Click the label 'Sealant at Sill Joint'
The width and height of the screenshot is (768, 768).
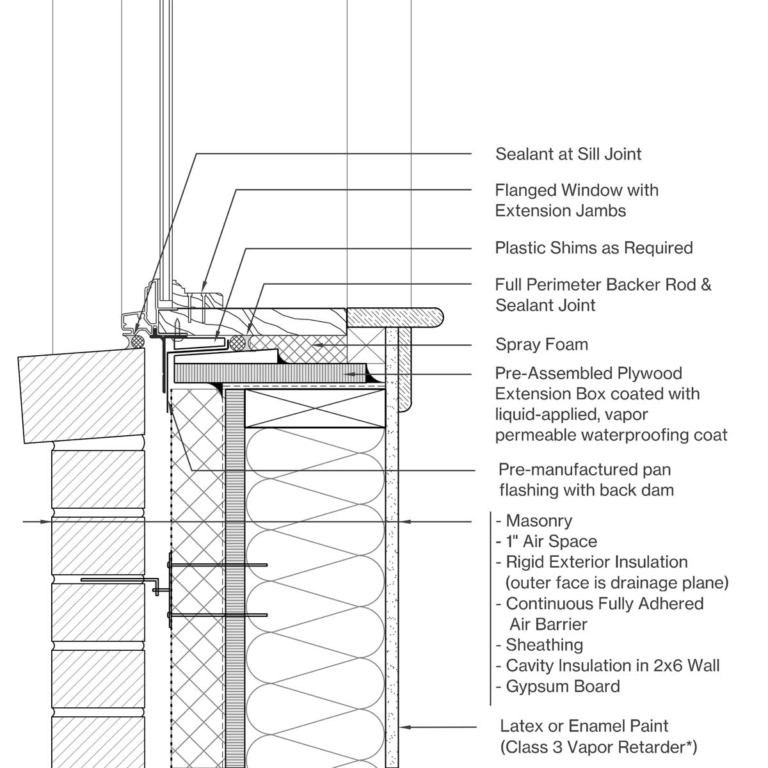[x=568, y=154]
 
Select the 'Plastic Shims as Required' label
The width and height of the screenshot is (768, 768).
[x=593, y=248]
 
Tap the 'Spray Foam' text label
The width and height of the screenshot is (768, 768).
[x=541, y=345]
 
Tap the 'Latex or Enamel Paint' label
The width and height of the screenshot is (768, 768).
[x=584, y=726]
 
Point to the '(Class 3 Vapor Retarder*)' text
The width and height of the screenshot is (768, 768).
[x=598, y=747]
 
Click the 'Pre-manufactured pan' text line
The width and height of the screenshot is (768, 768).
[x=584, y=470]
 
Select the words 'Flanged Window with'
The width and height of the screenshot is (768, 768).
[x=576, y=191]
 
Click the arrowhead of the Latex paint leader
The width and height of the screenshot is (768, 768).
[x=403, y=727]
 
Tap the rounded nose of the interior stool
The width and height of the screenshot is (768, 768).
[x=438, y=316]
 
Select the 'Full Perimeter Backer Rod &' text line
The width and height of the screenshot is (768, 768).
[x=603, y=285]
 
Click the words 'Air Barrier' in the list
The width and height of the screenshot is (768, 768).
[x=548, y=625]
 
